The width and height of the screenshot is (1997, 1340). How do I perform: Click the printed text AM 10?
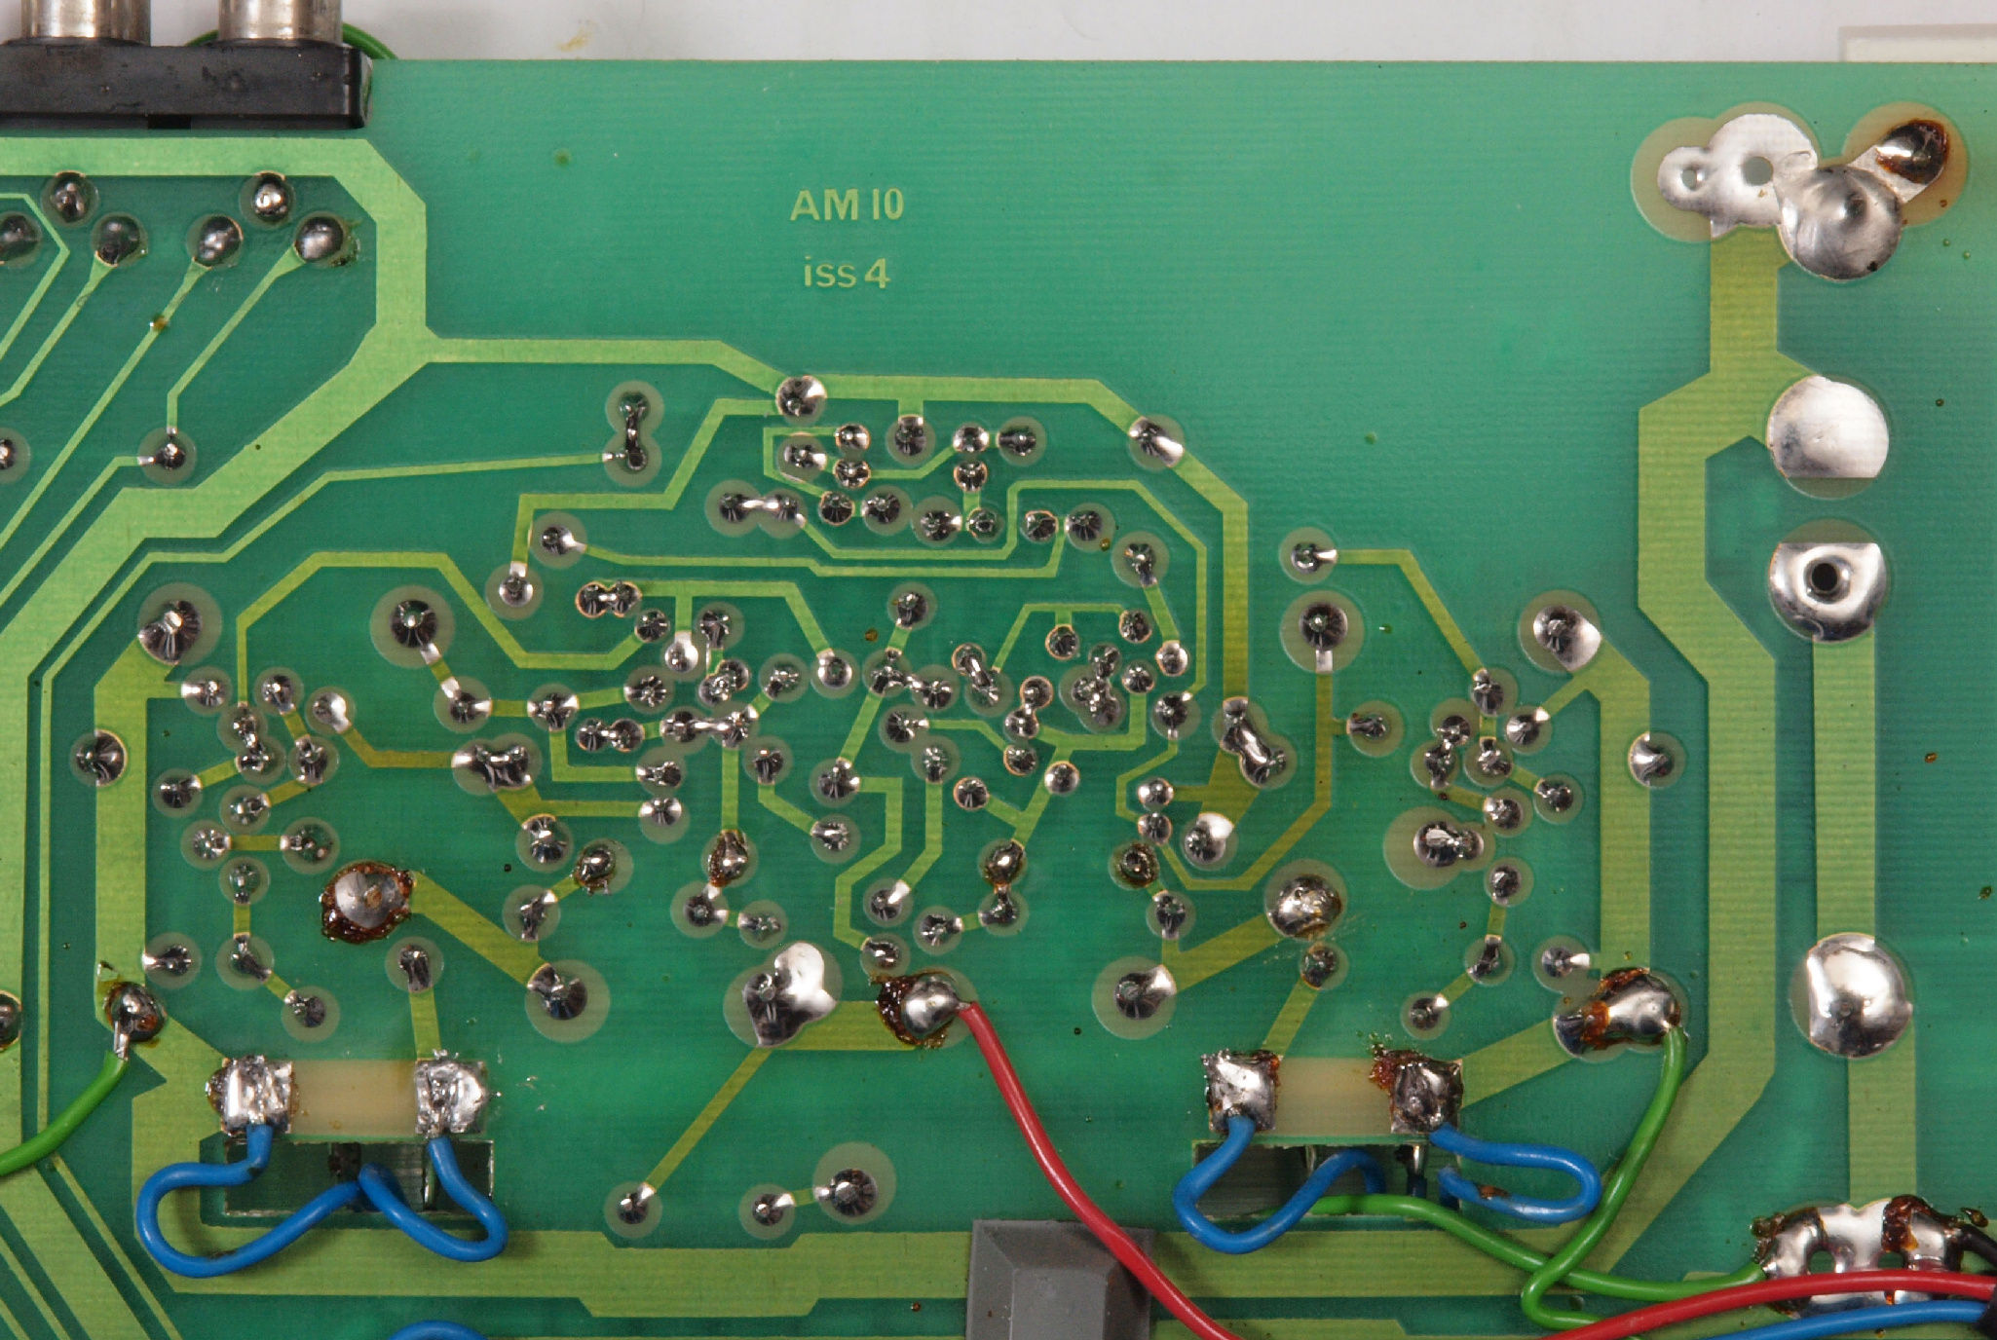click(x=847, y=205)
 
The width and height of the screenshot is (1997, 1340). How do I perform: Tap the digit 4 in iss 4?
click(x=876, y=275)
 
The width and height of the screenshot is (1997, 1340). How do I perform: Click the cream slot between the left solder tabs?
click(x=356, y=1098)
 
